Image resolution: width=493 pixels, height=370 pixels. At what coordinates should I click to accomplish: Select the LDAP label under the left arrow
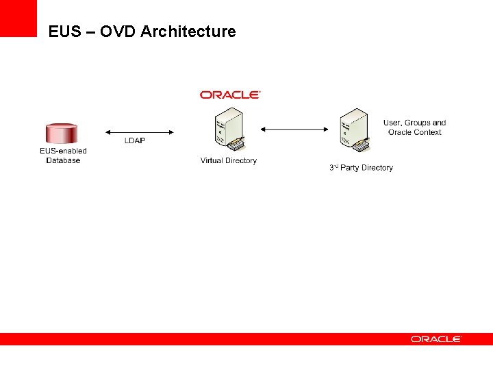coord(135,140)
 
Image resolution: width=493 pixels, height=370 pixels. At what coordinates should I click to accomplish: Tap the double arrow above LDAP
coord(139,132)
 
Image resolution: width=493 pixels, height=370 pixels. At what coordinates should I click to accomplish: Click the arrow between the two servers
coord(295,128)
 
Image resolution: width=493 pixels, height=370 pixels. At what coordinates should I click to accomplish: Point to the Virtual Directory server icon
coord(229,130)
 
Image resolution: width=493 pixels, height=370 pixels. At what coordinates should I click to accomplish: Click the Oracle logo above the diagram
coord(230,95)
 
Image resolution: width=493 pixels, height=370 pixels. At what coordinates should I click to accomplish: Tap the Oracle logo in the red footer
coord(436,339)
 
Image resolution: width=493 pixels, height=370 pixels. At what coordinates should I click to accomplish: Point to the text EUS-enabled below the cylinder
coord(63,151)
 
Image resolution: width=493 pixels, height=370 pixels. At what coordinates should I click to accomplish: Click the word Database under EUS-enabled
coord(63,160)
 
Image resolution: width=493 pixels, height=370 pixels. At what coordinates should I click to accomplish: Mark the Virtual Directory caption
coord(229,160)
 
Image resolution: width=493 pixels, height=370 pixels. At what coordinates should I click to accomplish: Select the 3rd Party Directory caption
coord(361,167)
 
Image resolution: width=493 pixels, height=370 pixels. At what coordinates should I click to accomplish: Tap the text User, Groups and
coord(414,123)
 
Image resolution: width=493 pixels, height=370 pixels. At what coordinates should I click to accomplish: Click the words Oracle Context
coord(414,132)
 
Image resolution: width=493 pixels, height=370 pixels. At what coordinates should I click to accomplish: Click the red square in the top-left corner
coord(18,18)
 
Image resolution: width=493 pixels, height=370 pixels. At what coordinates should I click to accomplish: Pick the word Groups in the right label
coord(418,123)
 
